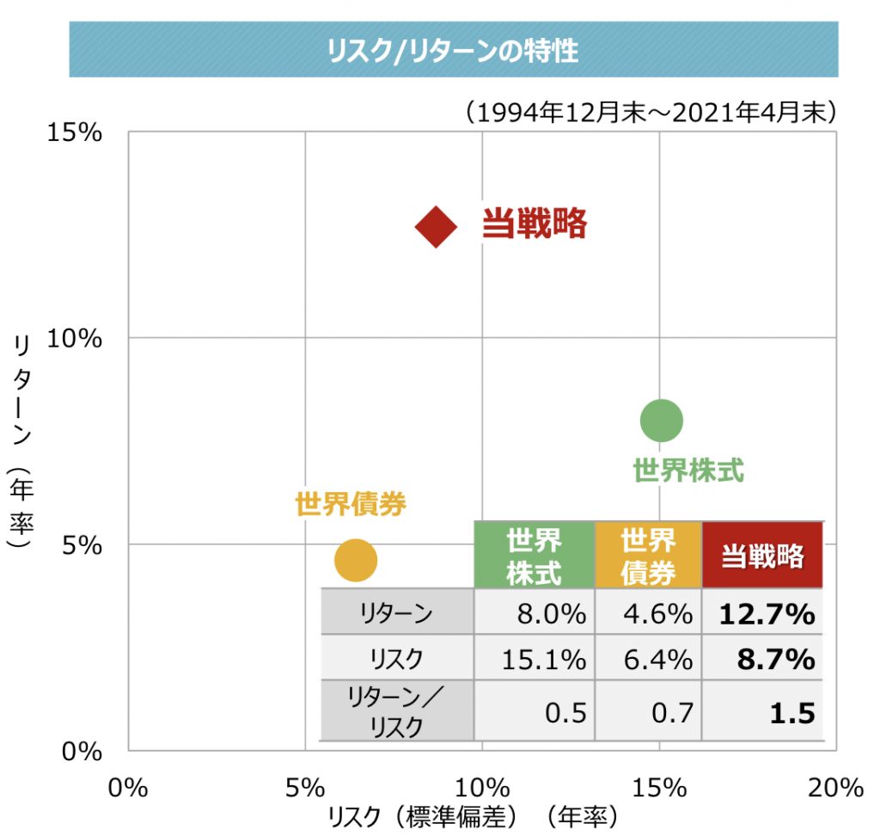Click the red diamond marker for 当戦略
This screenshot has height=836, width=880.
(436, 226)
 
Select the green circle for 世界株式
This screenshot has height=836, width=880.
(661, 421)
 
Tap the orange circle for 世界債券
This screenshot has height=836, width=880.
(355, 560)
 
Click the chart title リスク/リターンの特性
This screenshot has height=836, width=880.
(453, 51)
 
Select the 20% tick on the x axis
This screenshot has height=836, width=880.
(834, 786)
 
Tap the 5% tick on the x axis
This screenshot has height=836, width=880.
(305, 786)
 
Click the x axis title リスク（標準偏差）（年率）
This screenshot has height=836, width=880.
(473, 815)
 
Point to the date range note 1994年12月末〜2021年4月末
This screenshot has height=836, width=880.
(648, 112)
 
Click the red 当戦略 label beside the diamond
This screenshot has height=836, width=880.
(534, 224)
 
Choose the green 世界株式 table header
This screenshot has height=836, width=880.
(534, 556)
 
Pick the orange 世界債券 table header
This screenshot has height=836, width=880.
(648, 556)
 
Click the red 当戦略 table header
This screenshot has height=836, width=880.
(762, 556)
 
